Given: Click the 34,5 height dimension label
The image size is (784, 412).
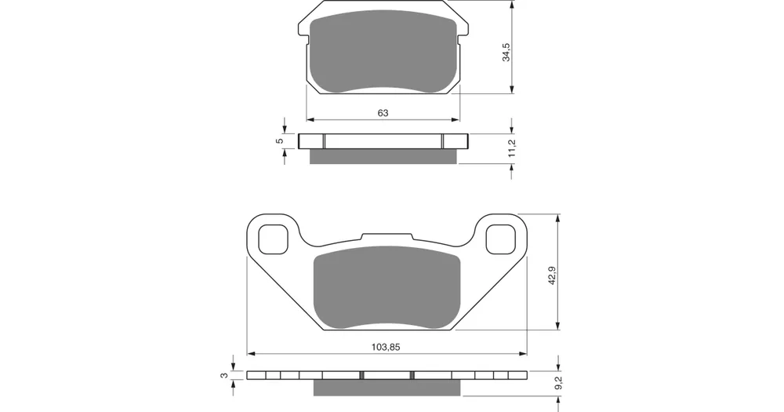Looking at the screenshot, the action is tap(506, 52).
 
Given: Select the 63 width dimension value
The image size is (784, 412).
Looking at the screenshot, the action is tap(383, 113).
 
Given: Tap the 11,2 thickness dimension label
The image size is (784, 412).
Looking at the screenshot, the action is tap(511, 148).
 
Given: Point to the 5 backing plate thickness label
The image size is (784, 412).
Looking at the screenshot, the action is tap(280, 140).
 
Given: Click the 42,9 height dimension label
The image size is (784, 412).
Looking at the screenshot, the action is tap(553, 275).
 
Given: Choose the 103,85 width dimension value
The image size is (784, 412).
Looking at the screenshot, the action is tap(386, 347).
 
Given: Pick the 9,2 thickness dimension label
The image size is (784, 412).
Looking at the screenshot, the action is tap(558, 383).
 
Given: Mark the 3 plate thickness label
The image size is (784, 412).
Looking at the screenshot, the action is tap(224, 375).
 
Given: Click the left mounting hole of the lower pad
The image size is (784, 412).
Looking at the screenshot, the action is tap(274, 239).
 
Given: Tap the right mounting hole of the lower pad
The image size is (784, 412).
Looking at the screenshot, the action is tap(500, 239).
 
